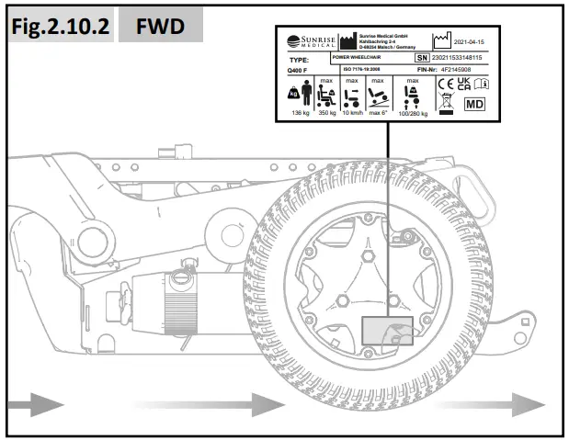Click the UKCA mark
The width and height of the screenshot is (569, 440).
click(464, 85)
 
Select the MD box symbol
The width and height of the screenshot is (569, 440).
click(473, 104)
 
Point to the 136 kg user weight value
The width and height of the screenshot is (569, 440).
click(301, 113)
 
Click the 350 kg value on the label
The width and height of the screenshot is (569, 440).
click(325, 113)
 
